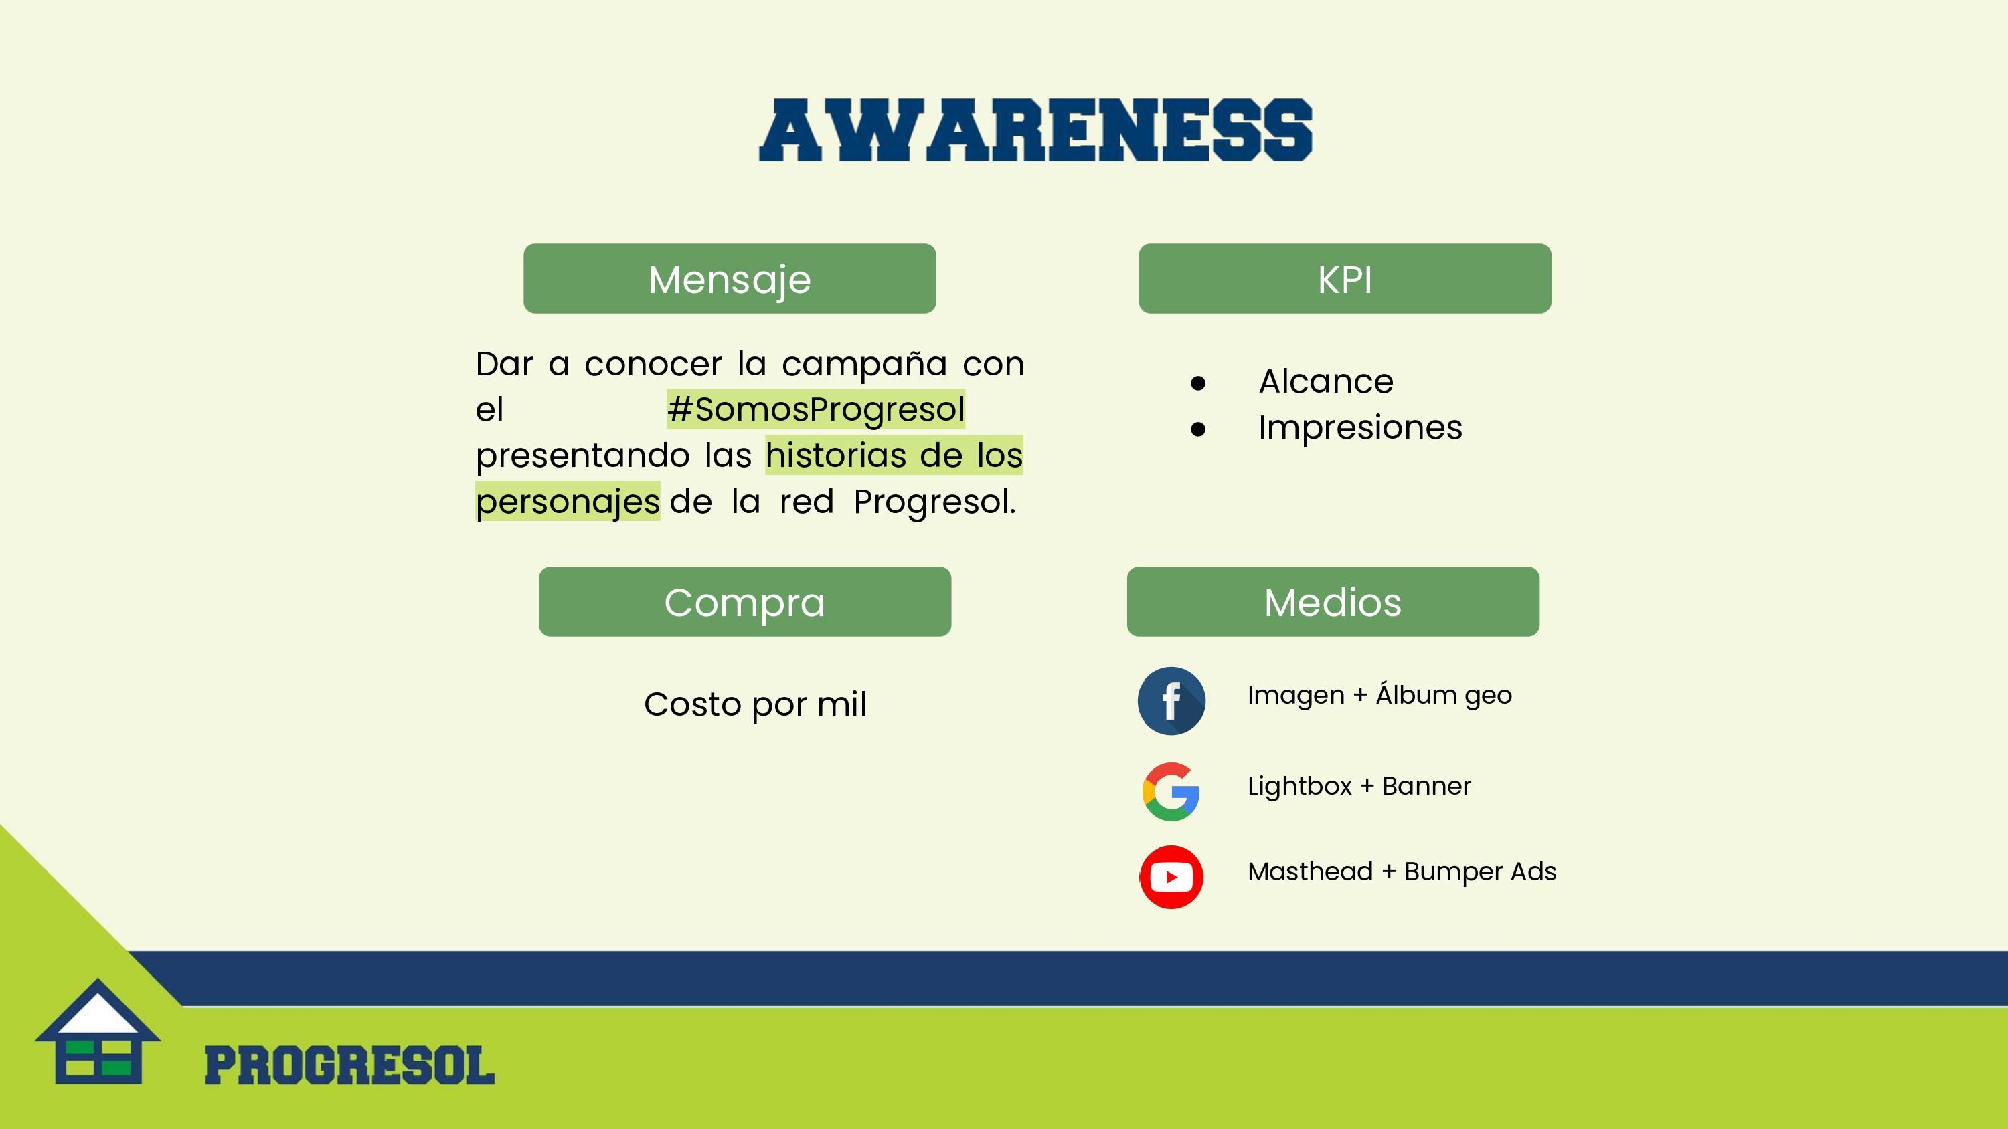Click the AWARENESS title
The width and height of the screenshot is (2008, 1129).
click(x=1035, y=130)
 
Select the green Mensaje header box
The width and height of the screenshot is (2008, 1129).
click(x=730, y=279)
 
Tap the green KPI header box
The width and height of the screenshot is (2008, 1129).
click(x=1345, y=279)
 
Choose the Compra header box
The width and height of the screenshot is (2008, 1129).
click(x=744, y=601)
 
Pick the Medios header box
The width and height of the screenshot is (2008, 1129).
click(x=1333, y=601)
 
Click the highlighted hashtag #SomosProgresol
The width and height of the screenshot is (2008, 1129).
click(x=816, y=409)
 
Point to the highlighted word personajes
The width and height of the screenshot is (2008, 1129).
click(x=568, y=501)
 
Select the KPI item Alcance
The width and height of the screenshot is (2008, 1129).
click(x=1326, y=381)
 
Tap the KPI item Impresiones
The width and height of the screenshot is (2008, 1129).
click(x=1360, y=427)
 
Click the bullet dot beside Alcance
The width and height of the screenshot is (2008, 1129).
click(x=1198, y=383)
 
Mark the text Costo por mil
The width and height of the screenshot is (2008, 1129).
click(x=755, y=704)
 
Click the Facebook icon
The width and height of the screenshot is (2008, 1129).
click(x=1171, y=700)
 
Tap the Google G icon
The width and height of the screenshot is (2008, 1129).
click(x=1171, y=792)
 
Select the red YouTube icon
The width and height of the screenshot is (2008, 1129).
click(x=1171, y=877)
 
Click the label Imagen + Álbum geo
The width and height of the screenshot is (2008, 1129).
click(x=1379, y=694)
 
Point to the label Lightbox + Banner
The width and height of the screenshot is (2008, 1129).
click(x=1359, y=785)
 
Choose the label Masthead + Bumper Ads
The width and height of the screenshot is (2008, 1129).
click(x=1402, y=871)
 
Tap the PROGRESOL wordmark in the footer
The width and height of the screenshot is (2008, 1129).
click(x=349, y=1066)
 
